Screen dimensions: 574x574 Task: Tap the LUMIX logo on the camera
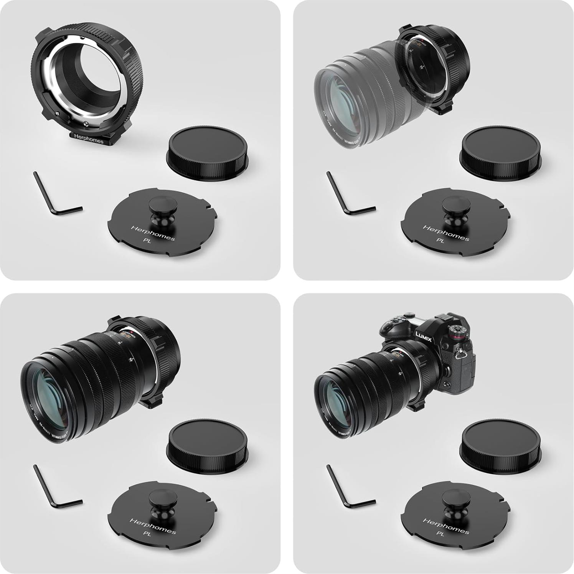(424, 337)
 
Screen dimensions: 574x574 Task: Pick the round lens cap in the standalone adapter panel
(207, 153)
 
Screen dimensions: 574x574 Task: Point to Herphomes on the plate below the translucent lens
(446, 233)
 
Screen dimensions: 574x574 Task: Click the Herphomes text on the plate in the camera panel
(446, 526)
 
